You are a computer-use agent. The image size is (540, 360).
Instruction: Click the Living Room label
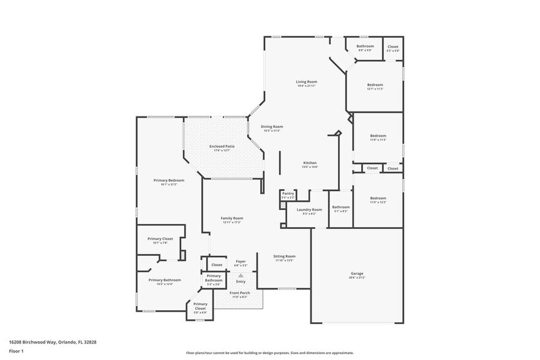click(306, 82)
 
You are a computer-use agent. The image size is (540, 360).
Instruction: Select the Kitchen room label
click(309, 163)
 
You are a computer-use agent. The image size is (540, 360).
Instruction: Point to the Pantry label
click(288, 193)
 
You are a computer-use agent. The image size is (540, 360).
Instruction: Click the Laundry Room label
click(309, 210)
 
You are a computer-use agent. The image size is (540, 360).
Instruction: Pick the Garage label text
click(357, 274)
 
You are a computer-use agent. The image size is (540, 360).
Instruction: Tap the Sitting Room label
click(285, 257)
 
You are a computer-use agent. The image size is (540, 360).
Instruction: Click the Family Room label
click(232, 219)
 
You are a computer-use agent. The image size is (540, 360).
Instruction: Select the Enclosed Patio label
click(222, 146)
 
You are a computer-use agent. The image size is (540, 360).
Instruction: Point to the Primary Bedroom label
click(169, 181)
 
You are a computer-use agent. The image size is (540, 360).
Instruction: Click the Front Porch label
click(239, 293)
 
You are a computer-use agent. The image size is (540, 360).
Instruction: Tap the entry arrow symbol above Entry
click(241, 276)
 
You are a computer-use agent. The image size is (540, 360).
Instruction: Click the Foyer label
click(241, 261)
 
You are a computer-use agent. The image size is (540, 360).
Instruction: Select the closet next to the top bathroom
click(392, 47)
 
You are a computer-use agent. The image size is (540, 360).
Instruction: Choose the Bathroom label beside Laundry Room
click(340, 207)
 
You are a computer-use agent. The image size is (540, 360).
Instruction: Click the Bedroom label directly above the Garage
click(378, 198)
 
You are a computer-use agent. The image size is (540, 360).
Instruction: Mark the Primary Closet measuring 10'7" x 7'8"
click(160, 239)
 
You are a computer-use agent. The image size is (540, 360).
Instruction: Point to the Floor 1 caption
click(16, 351)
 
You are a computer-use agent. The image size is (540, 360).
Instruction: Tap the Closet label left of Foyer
click(217, 265)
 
